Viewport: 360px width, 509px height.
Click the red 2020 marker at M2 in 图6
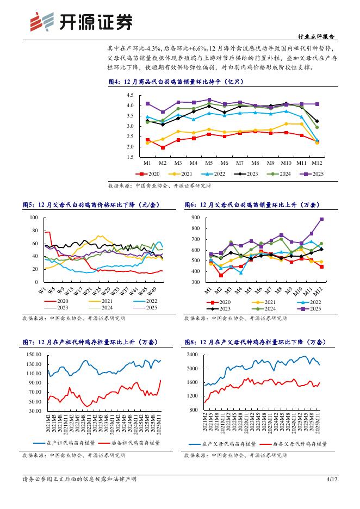(221, 275)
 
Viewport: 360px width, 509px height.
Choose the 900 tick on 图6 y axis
(196, 217)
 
